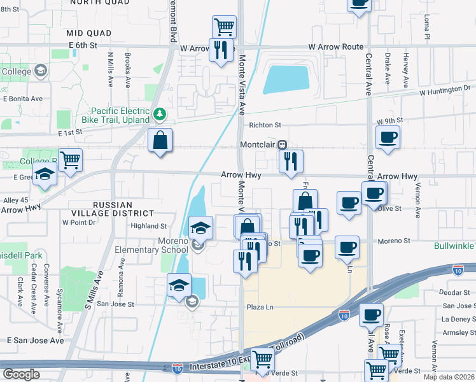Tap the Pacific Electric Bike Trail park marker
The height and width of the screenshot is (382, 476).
pyautogui.click(x=160, y=115)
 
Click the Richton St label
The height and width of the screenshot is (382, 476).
pyautogui.click(x=265, y=125)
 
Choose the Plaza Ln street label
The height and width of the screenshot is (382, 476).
pyautogui.click(x=260, y=307)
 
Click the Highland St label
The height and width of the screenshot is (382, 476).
pyautogui.click(x=148, y=226)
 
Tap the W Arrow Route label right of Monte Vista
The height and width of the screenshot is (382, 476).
pyautogui.click(x=336, y=47)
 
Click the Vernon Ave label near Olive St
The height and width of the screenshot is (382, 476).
pyautogui.click(x=417, y=201)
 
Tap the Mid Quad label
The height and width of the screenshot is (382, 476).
pyautogui.click(x=89, y=32)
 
